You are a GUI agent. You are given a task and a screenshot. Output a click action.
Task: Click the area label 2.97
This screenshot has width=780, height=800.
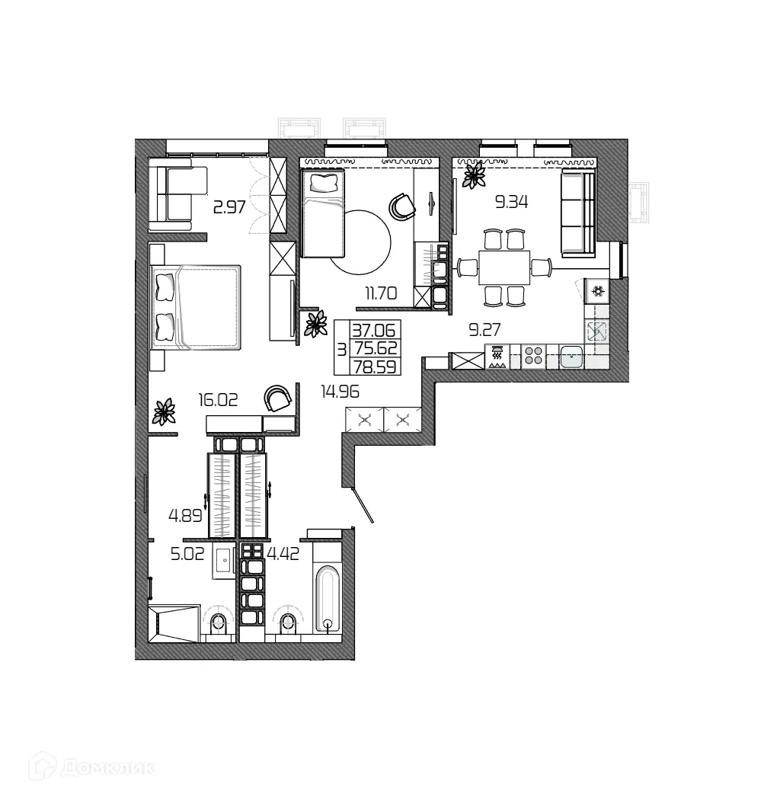pos(229,207)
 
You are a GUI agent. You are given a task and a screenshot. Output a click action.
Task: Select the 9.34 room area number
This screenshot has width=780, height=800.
pos(511,202)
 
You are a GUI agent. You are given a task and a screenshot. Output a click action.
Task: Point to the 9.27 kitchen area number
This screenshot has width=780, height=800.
pos(484,329)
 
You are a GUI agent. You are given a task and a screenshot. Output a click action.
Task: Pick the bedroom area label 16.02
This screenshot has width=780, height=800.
pos(219,401)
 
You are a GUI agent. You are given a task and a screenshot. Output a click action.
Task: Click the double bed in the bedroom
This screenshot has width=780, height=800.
pos(197,306)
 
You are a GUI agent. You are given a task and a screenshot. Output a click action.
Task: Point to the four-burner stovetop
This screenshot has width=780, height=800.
pos(533,357)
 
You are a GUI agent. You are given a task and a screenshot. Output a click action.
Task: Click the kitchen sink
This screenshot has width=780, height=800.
pos(571,357)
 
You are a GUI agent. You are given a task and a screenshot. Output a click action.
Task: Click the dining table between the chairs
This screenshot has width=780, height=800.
pos(503,267)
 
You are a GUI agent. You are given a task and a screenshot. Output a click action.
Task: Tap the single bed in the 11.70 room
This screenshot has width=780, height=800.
pos(323,214)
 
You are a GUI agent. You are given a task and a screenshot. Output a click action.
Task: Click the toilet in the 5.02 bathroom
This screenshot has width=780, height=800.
pos(217,622)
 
